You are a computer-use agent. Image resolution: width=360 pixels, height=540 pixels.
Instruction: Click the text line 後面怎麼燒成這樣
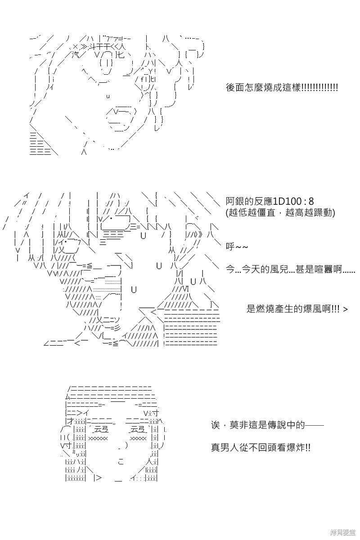tap(282, 87)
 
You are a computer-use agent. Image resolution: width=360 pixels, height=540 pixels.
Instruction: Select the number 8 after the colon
tap(311, 201)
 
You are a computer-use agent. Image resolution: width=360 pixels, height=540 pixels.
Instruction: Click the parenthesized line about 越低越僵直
tap(280, 212)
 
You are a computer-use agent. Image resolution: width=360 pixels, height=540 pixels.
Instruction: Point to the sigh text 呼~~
tap(237, 247)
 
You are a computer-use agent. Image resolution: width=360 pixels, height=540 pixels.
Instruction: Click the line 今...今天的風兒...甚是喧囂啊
tap(290, 269)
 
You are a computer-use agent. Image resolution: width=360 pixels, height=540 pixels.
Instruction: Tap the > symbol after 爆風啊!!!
tap(345, 309)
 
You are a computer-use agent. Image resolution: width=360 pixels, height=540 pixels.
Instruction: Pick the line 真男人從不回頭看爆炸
tap(261, 448)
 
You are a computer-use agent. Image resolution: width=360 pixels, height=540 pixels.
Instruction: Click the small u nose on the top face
tap(108, 96)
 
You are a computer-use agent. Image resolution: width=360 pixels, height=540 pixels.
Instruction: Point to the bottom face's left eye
tap(98, 434)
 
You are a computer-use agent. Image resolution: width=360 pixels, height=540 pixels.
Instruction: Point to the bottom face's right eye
tap(138, 434)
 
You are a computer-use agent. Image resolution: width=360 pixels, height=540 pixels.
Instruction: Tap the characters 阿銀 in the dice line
tap(235, 201)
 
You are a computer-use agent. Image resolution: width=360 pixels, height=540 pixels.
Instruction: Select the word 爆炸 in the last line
tap(295, 448)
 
